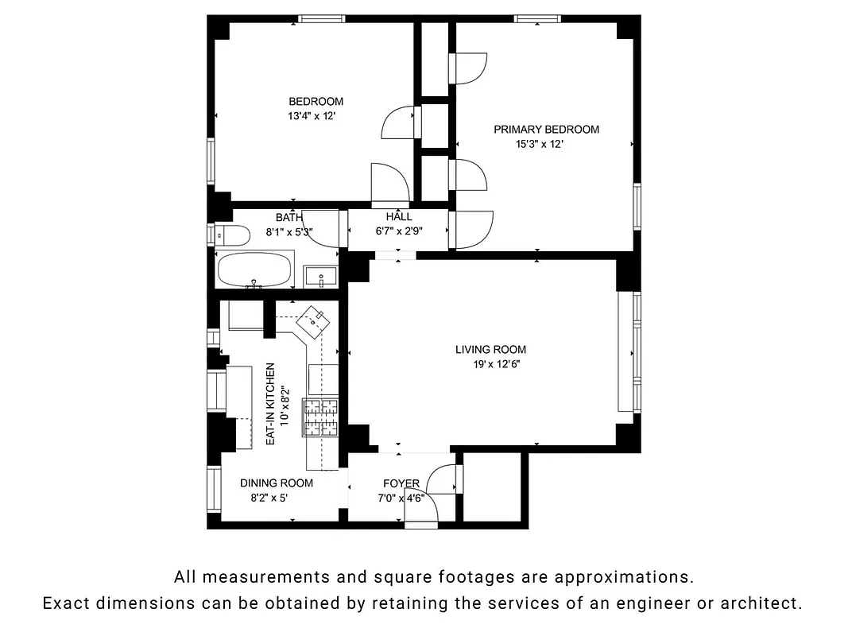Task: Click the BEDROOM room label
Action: pyautogui.click(x=316, y=101)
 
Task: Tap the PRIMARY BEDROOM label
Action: pyautogui.click(x=546, y=130)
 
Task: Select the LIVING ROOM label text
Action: pyautogui.click(x=490, y=349)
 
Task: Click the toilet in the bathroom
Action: pyautogui.click(x=228, y=235)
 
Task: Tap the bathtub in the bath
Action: pyautogui.click(x=254, y=270)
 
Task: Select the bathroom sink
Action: pyautogui.click(x=322, y=277)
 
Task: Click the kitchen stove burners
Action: pyautogui.click(x=320, y=417)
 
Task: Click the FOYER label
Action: pyautogui.click(x=401, y=483)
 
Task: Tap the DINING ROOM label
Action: pyautogui.click(x=277, y=483)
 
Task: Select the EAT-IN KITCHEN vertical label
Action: pyautogui.click(x=270, y=404)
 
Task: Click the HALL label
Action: pyautogui.click(x=399, y=217)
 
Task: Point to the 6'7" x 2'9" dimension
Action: pyautogui.click(x=399, y=232)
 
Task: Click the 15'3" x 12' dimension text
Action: pyautogui.click(x=540, y=145)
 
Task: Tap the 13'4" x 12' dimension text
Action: pyautogui.click(x=317, y=116)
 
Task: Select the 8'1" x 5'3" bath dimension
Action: pyautogui.click(x=288, y=233)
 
